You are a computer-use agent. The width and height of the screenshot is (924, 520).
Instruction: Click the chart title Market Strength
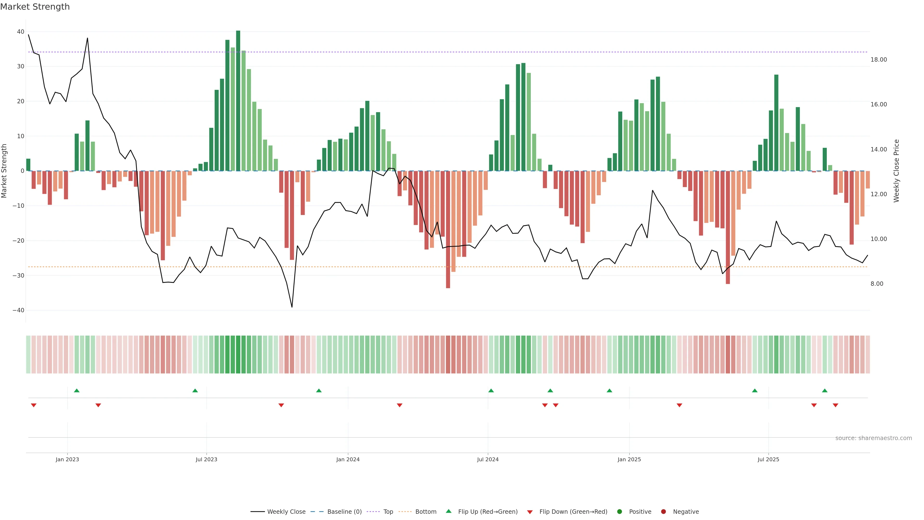point(35,7)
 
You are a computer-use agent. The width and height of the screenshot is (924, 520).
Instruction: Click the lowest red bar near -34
point(448,230)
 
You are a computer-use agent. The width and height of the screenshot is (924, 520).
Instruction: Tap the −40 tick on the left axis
point(18,310)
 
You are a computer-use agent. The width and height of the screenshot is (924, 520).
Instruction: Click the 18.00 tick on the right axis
point(879,59)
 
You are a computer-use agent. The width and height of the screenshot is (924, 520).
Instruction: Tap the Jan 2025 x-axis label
point(629,459)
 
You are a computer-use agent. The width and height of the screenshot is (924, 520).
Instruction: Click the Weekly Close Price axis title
point(896,171)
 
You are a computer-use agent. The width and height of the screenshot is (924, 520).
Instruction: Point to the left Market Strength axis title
point(4,171)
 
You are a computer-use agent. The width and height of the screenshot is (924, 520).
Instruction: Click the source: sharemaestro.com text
point(873,438)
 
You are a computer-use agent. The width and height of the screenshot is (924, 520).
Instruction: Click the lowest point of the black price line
point(292,307)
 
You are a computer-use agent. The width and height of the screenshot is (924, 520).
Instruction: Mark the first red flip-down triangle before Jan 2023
point(34,405)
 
